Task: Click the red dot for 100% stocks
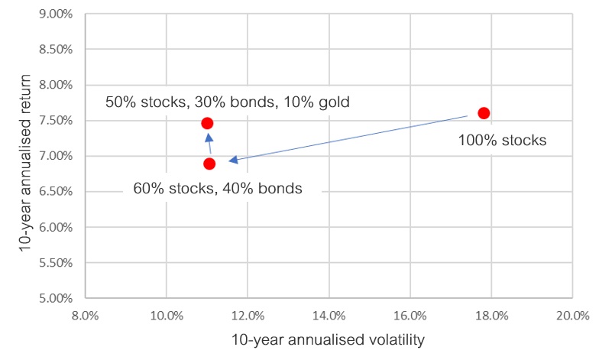coord(484,113)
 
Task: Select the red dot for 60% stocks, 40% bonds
coord(209,164)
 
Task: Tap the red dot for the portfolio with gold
coord(207,123)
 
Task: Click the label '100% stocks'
coord(502,141)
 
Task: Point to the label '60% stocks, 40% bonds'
coord(217,188)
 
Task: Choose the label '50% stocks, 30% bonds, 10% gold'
coord(228,102)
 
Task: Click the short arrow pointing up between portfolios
coord(209,144)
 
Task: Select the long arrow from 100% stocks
coord(348,138)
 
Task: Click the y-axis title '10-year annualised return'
coord(24,164)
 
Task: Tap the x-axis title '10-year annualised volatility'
coord(329,339)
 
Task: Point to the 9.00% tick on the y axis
coord(56,14)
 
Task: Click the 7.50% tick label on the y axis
coord(56,121)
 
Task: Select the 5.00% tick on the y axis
coord(56,298)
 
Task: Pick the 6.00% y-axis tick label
coord(56,227)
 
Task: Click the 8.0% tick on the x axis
coord(86,316)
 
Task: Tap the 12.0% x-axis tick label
coord(248,316)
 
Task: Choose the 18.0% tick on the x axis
coord(491,316)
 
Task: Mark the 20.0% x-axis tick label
coord(572,316)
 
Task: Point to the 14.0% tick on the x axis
coord(329,316)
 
